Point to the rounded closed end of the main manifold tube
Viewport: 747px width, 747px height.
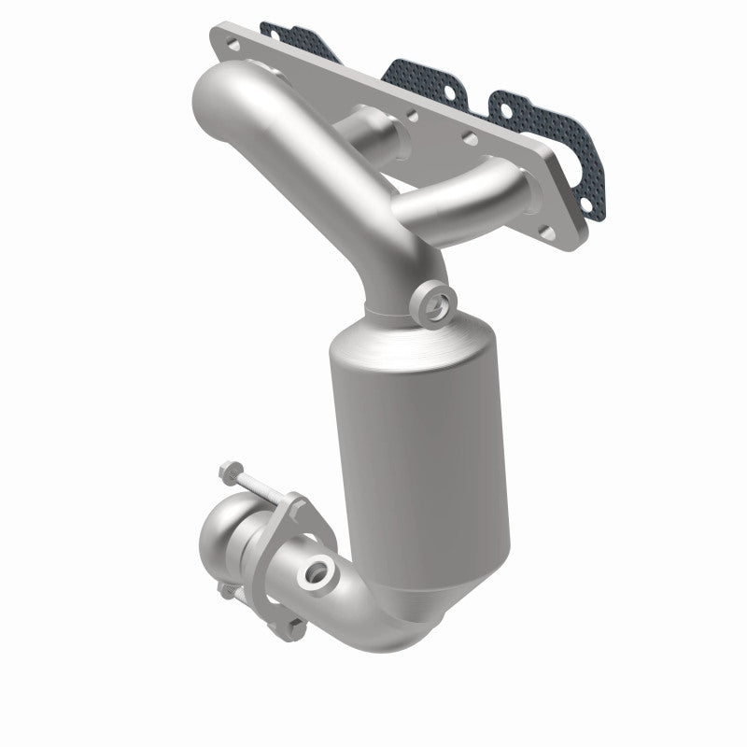210,93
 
